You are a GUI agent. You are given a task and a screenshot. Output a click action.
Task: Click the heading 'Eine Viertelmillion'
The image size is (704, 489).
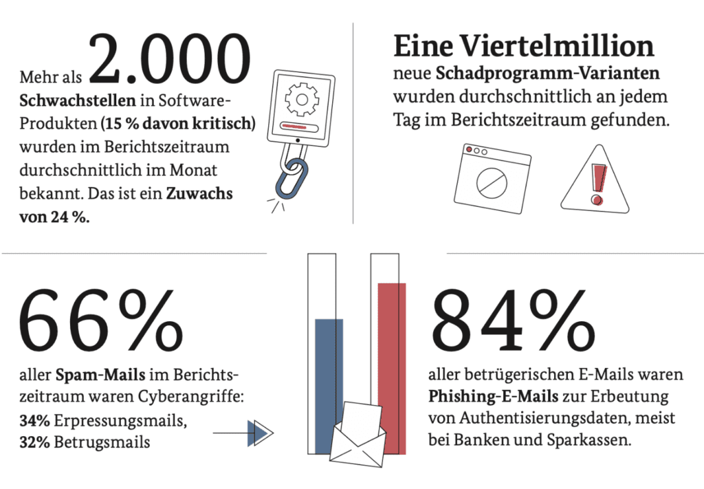523,46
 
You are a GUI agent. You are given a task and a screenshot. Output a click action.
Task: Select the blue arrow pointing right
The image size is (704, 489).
258,433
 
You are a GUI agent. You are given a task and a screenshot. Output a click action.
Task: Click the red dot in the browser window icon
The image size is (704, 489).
469,150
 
